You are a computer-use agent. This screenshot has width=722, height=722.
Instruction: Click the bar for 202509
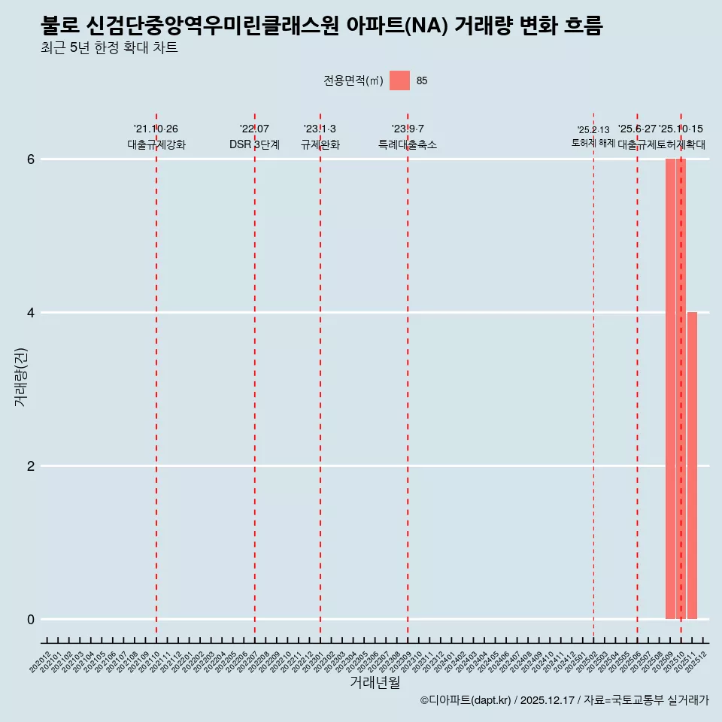click(670, 389)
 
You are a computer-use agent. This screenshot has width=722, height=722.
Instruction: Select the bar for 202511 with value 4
click(692, 466)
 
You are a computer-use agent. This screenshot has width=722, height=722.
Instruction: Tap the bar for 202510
click(681, 389)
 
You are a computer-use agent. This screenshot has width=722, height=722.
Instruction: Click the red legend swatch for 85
click(399, 80)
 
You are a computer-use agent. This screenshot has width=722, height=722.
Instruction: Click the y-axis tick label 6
click(31, 159)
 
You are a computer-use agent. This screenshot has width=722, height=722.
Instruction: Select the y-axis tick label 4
click(31, 313)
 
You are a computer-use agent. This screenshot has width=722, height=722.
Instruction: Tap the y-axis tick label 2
click(31, 466)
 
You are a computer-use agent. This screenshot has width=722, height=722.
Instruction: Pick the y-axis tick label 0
click(31, 620)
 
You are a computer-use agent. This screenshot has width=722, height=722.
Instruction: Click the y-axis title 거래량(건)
click(20, 377)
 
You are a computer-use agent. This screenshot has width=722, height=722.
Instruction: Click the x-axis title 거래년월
click(375, 682)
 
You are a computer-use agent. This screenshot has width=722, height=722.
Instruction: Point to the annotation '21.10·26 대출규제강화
click(156, 137)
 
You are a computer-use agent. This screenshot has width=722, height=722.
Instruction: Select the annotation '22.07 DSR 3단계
click(254, 137)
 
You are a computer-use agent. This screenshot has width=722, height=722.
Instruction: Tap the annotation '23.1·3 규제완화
click(320, 137)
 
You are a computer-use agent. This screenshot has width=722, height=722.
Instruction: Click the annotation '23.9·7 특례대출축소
click(407, 137)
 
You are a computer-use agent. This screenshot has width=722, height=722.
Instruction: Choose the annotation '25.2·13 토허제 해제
click(593, 137)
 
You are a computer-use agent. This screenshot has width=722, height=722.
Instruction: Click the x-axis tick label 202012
click(41, 663)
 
